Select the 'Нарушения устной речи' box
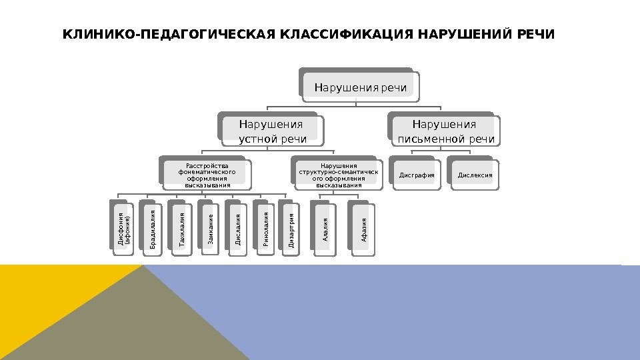[273, 131]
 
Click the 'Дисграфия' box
[417, 176]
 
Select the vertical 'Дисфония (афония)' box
[125, 229]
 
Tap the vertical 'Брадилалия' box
[153, 229]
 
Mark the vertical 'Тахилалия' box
[182, 229]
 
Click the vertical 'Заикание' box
[211, 229]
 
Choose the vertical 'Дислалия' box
[238, 229]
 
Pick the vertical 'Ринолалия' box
[266, 229]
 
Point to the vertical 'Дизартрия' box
[292, 229]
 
